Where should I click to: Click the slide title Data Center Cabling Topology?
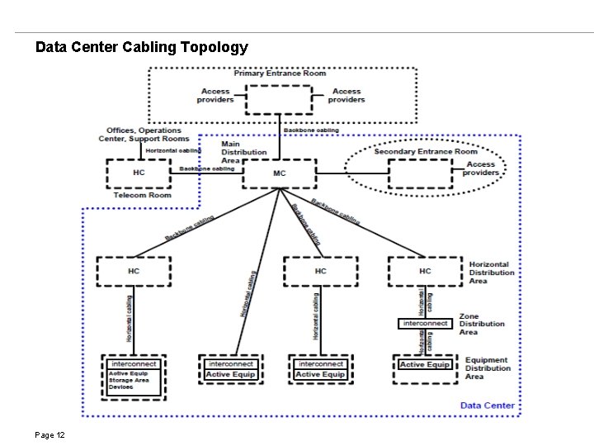(x=141, y=47)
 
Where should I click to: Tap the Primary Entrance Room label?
(x=279, y=74)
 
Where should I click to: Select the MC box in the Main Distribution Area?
(x=280, y=173)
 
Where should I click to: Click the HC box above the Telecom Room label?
(x=139, y=173)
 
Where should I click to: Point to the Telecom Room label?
(x=142, y=195)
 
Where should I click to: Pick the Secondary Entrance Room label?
(x=425, y=151)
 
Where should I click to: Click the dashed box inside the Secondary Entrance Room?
(x=419, y=173)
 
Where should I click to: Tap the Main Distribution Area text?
(x=243, y=152)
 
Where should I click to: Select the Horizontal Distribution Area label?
(x=489, y=273)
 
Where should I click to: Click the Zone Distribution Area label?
(x=482, y=324)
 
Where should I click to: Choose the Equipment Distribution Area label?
(x=488, y=368)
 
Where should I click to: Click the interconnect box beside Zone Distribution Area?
(x=425, y=324)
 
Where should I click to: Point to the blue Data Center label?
(x=487, y=405)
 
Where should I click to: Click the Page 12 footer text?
(x=50, y=435)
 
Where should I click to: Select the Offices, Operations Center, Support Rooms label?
(x=144, y=135)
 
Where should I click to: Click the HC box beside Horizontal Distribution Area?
(x=424, y=271)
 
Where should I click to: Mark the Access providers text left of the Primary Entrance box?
(x=214, y=96)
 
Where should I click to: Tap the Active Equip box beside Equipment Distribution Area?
(x=424, y=365)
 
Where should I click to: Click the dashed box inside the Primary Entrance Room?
(x=280, y=100)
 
